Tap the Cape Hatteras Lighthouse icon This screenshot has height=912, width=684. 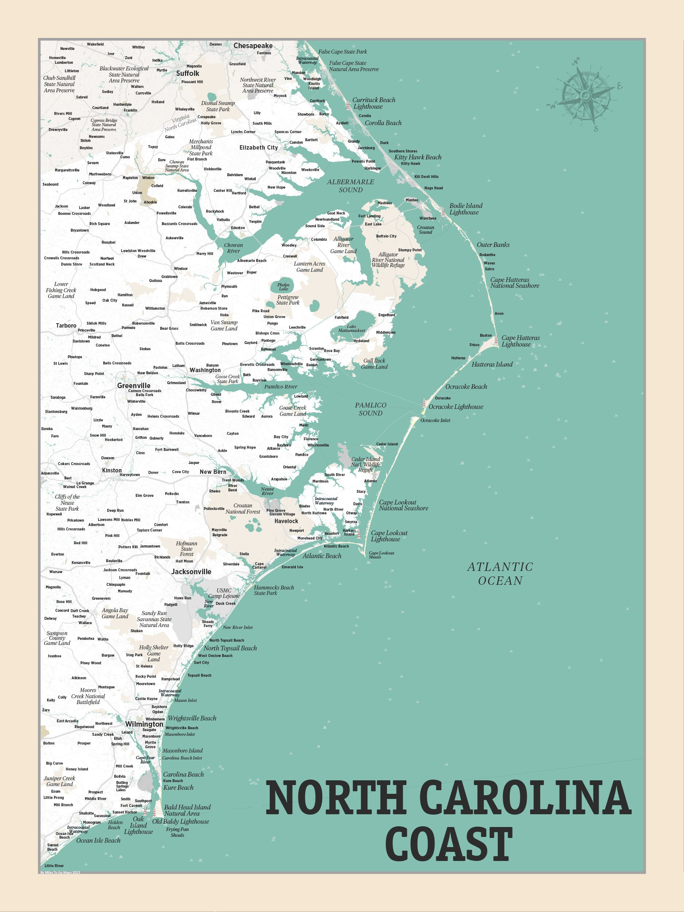pyautogui.click(x=496, y=341)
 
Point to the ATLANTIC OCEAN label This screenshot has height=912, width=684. pyautogui.click(x=500, y=573)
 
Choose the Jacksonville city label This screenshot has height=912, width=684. pyautogui.click(x=191, y=571)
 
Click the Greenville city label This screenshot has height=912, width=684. pyautogui.click(x=134, y=386)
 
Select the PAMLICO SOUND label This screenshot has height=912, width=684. pyautogui.click(x=370, y=409)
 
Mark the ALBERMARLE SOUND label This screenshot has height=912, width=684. pyautogui.click(x=351, y=186)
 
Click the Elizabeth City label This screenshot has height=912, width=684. pyautogui.click(x=259, y=148)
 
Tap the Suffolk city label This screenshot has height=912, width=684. pyautogui.click(x=187, y=73)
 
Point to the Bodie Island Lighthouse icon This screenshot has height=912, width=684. pyautogui.click(x=443, y=212)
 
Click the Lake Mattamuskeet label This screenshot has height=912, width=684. pyautogui.click(x=351, y=328)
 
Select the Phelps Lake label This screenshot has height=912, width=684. pyautogui.click(x=283, y=286)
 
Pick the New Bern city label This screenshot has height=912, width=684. pyautogui.click(x=213, y=472)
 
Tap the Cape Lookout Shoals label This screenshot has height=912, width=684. pyautogui.click(x=381, y=555)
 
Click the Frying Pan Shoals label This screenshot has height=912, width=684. pyautogui.click(x=177, y=832)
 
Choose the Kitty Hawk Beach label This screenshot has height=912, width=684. pyautogui.click(x=417, y=157)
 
